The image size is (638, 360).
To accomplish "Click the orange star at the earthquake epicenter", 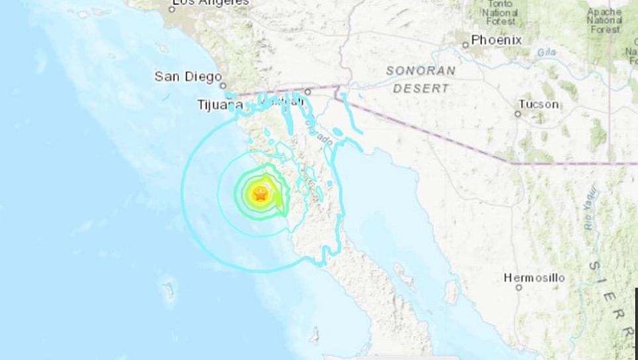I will pyautogui.click(x=260, y=195).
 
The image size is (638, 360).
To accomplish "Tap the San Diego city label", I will pyautogui.click(x=188, y=77).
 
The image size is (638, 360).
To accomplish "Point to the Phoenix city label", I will pyautogui.click(x=496, y=40).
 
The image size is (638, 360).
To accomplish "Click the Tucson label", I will pyautogui.click(x=538, y=104).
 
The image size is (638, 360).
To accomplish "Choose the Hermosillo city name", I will pyautogui.click(x=534, y=278).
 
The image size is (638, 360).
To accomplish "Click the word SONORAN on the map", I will pyautogui.click(x=421, y=71).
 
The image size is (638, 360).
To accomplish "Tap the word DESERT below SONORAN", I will pyautogui.click(x=421, y=87).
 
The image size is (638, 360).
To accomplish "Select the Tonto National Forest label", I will pyautogui.click(x=500, y=12).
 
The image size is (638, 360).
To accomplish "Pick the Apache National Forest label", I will pyautogui.click(x=604, y=20).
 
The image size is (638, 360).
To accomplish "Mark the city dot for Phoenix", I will pyautogui.click(x=465, y=44).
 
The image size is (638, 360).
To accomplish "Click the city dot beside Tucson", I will pyautogui.click(x=518, y=114).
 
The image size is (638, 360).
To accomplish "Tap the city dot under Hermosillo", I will pyautogui.click(x=519, y=287).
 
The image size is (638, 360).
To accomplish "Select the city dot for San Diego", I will pyautogui.click(x=224, y=85).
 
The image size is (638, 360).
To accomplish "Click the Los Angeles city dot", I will pyautogui.click(x=173, y=9).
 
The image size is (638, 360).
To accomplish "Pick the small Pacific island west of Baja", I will pyautogui.click(x=168, y=289).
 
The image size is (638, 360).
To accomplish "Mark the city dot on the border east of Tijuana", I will pyautogui.click(x=308, y=92).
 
